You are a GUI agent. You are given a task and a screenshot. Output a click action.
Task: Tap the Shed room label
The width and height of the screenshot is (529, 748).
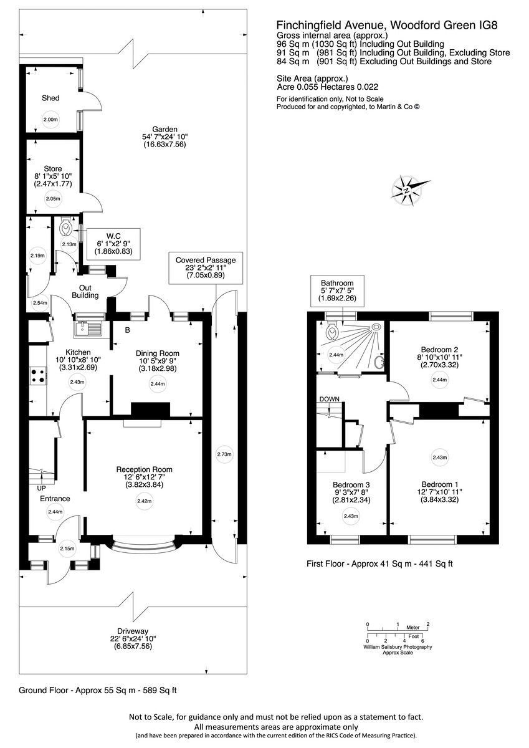pos(50,98)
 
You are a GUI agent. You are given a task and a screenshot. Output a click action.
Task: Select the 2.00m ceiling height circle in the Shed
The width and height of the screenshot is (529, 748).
pos(50,120)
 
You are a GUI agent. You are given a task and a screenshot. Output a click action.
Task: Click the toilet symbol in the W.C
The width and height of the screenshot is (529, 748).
pos(65,230)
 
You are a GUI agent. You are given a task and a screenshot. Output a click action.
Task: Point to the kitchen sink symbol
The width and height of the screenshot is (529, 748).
pos(87,328)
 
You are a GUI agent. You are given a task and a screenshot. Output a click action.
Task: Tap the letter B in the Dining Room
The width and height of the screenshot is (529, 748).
pos(127,330)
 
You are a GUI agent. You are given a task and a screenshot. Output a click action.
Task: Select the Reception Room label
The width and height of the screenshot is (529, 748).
pos(144,469)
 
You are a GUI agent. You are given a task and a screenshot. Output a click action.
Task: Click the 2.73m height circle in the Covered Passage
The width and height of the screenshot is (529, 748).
pos(224,454)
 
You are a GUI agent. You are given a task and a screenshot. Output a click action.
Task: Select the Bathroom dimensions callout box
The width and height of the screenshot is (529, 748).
pos(337,290)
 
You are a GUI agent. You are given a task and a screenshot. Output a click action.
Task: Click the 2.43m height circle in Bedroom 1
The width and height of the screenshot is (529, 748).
pos(440,458)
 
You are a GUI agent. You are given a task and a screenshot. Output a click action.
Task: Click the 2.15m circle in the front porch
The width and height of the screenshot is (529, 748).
pos(67,549)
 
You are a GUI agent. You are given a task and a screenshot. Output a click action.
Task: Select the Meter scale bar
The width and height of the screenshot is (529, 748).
pos(398,628)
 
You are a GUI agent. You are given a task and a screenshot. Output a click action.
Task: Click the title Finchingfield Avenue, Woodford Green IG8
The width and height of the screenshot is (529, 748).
pos(387,25)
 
